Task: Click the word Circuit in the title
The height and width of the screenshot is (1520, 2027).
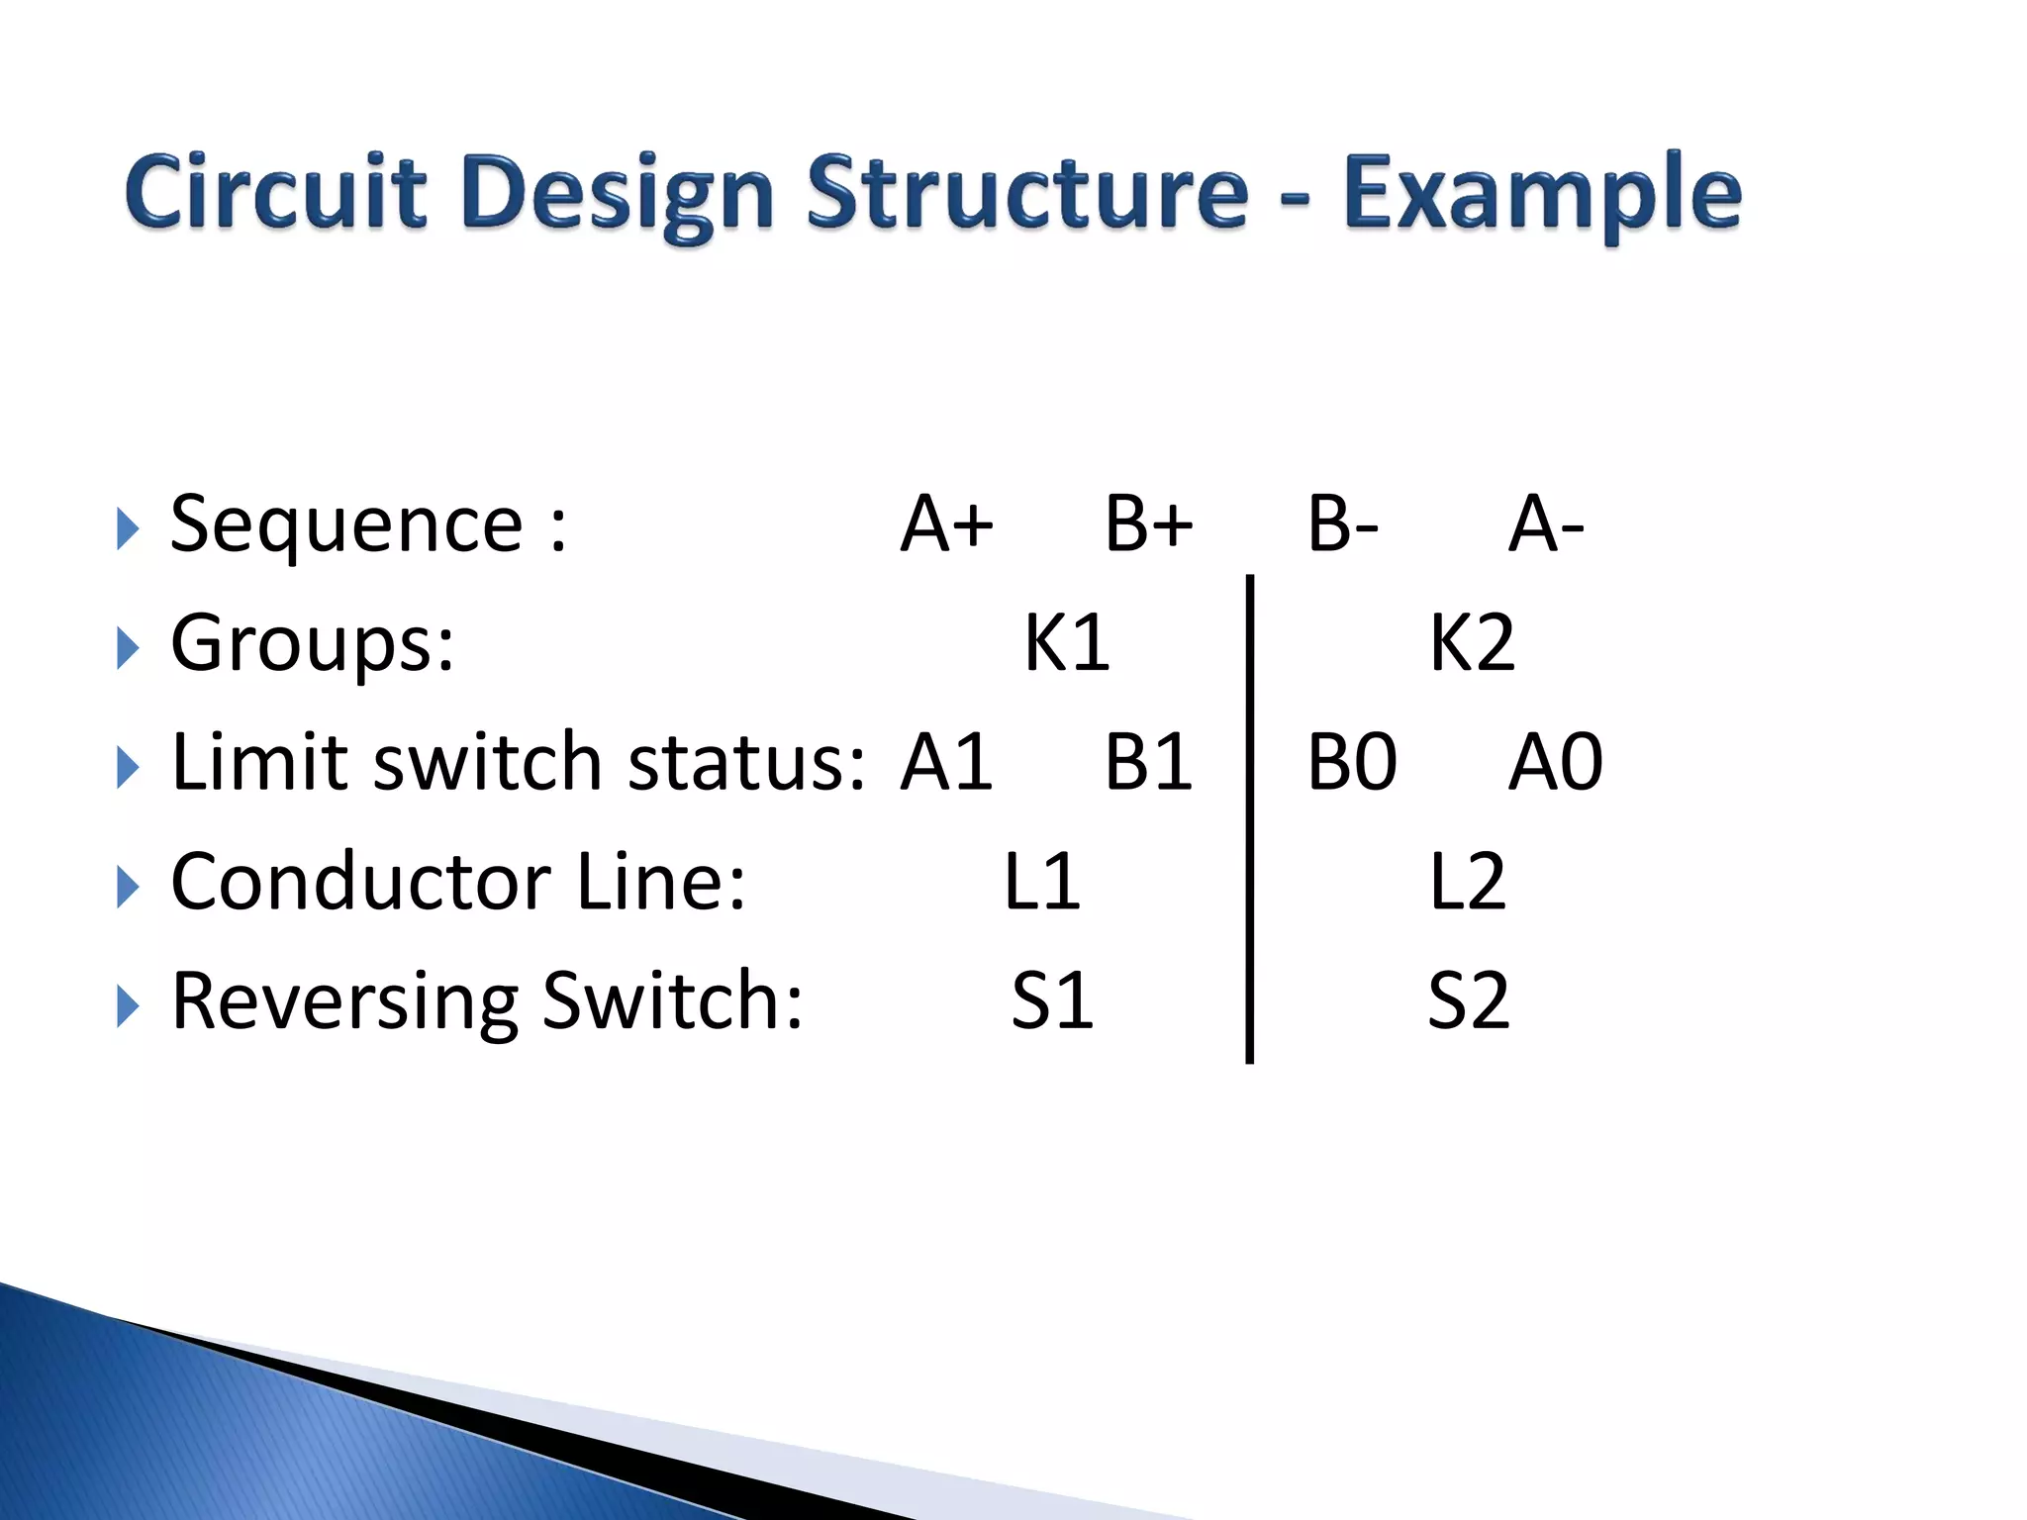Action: (276, 192)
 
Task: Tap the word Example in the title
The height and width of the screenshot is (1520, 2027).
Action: (1541, 194)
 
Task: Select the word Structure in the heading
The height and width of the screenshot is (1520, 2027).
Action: (1027, 192)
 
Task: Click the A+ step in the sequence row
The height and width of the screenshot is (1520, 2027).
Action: (946, 523)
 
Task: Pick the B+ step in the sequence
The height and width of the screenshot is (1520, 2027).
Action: (1148, 523)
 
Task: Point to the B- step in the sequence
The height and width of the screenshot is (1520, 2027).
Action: (1342, 523)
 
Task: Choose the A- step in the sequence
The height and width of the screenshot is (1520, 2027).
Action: (1545, 523)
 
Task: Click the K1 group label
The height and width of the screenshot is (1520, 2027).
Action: (1066, 643)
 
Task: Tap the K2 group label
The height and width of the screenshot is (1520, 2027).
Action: (1472, 643)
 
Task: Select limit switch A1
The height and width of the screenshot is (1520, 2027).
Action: (946, 762)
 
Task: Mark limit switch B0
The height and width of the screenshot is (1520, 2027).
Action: (1351, 762)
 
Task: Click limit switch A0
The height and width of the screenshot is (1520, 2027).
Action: (1555, 762)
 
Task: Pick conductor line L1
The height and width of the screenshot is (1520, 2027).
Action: (1041, 881)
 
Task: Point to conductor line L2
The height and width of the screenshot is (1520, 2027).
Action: (1467, 881)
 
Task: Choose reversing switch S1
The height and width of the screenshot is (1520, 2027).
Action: (1052, 1000)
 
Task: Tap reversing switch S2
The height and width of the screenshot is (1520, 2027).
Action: (1469, 1000)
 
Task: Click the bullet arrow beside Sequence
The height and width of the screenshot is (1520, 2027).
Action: (127, 529)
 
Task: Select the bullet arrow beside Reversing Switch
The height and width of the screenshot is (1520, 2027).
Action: (127, 1006)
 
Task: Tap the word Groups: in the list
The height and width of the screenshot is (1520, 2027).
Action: (313, 643)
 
